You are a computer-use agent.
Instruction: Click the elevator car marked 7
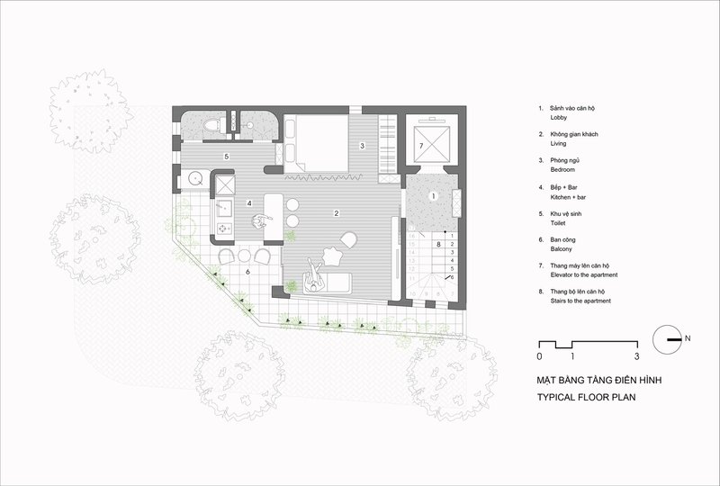click(431, 144)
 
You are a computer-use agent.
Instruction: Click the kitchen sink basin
click(223, 208)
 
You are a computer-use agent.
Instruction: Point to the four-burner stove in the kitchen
click(224, 228)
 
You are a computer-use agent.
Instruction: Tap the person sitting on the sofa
click(314, 275)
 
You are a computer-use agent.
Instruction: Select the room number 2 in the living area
click(337, 213)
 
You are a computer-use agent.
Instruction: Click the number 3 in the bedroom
click(362, 146)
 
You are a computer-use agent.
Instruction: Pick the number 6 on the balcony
click(248, 272)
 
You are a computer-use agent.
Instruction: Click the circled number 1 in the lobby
click(432, 196)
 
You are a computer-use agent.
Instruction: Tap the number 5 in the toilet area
click(227, 157)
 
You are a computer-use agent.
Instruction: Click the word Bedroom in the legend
click(562, 169)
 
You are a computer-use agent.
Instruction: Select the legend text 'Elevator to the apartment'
click(584, 274)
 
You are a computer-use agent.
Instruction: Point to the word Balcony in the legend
click(561, 249)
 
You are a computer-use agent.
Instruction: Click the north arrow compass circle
click(667, 339)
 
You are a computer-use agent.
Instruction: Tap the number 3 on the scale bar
click(636, 356)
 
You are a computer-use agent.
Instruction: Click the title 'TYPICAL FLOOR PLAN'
click(587, 397)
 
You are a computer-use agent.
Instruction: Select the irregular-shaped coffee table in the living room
click(332, 256)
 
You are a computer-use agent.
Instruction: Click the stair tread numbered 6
click(453, 277)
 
